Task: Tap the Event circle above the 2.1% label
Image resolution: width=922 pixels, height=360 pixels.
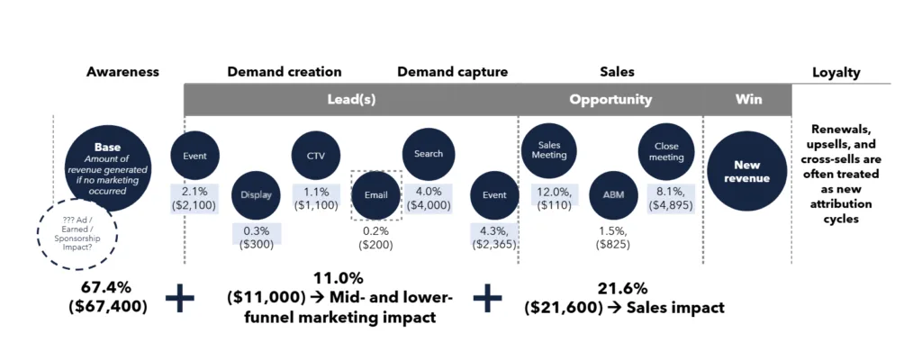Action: point(194,156)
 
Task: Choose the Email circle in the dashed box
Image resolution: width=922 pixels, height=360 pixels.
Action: point(376,194)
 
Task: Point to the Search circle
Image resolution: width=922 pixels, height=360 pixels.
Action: point(428,154)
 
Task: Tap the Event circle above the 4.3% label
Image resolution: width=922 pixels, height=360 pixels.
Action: point(494,194)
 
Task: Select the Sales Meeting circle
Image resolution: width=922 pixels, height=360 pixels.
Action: point(550,149)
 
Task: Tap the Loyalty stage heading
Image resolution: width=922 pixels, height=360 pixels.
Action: point(836,72)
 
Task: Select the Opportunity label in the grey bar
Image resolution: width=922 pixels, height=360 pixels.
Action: point(610,100)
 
